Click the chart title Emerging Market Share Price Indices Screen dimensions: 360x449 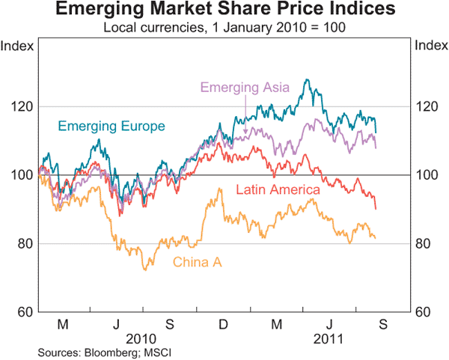pos(224,10)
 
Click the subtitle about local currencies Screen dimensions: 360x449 pos(224,28)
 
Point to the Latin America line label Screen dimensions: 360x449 pos(278,190)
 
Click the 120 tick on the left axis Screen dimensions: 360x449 pos(19,107)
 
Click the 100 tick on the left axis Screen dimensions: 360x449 pos(19,175)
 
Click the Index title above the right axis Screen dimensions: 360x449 pos(430,46)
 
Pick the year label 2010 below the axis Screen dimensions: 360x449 pos(142,338)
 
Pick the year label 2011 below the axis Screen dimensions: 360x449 pos(328,338)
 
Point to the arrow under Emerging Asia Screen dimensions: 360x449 pos(245,120)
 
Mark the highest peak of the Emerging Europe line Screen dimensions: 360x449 pos(305,79)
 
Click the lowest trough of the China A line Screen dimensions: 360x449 pos(144,269)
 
